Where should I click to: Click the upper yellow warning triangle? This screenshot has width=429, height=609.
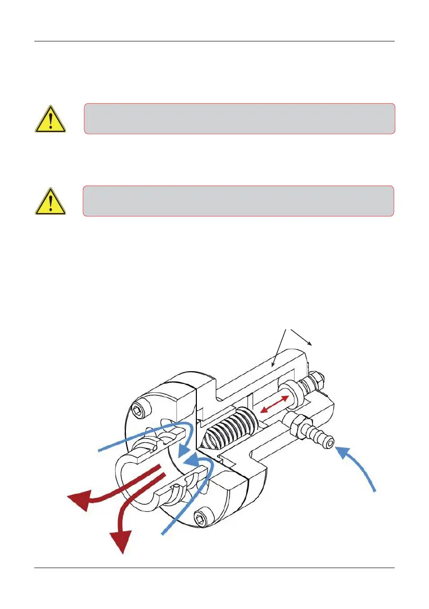click(50, 119)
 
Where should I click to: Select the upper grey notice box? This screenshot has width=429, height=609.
click(239, 119)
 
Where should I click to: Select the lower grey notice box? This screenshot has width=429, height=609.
click(238, 200)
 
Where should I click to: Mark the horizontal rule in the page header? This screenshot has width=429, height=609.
click(214, 41)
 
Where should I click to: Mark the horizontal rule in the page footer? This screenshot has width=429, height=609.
click(214, 568)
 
